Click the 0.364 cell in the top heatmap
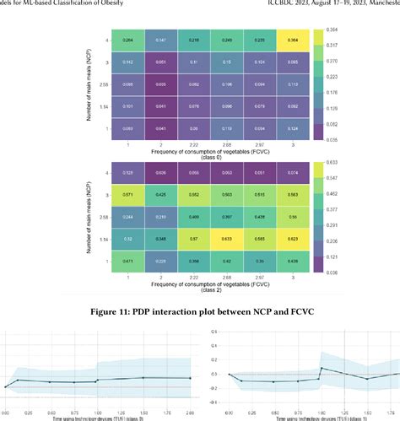[291, 40]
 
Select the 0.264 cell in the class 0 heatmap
[127, 40]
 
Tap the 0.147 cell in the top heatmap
[159, 40]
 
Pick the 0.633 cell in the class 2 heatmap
[225, 238]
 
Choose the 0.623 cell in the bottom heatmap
[291, 238]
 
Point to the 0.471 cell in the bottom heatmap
[127, 261]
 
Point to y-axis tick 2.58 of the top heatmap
[100, 84]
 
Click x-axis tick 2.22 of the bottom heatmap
[192, 278]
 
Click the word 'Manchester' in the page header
[381, 4]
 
